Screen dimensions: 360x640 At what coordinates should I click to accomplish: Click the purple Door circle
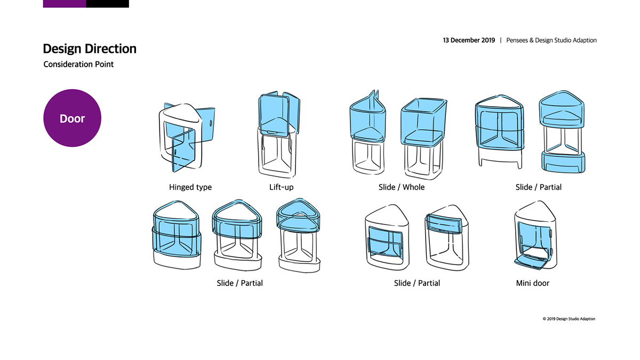click(72, 118)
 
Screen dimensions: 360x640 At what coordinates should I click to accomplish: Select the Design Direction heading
click(90, 49)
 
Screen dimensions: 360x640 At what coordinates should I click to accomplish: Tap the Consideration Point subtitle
click(78, 65)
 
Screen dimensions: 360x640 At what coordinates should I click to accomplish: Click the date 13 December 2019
click(469, 41)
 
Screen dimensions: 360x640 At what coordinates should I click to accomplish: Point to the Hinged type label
click(190, 187)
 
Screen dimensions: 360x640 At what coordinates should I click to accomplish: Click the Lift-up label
click(282, 187)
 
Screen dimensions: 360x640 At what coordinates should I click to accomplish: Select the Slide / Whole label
click(397, 187)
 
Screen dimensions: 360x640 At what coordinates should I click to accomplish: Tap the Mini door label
click(532, 283)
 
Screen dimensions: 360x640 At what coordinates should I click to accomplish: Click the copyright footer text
click(569, 319)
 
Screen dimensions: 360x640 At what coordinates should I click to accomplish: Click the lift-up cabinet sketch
click(279, 135)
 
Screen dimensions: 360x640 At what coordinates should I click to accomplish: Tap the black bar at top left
click(107, 3)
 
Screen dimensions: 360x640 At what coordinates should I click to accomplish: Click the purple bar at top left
click(64, 3)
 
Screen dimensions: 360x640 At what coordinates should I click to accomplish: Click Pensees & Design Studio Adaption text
click(551, 41)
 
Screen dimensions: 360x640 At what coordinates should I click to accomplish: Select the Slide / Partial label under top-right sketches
click(538, 187)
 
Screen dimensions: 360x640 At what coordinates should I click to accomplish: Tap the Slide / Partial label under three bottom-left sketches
click(239, 283)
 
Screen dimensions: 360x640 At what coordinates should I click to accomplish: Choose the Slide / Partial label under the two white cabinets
click(417, 283)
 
